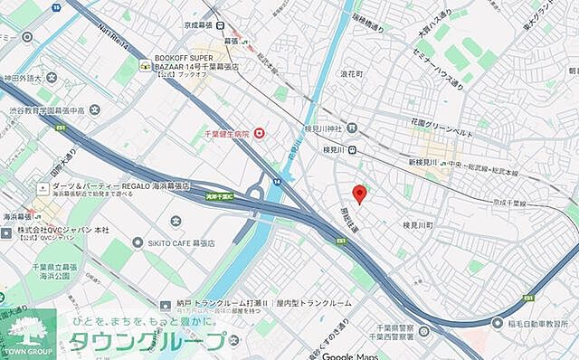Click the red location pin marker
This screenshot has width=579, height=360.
click(359, 194)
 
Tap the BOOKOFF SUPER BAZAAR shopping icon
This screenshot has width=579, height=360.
click(145, 65)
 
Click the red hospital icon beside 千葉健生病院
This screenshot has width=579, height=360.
click(261, 134)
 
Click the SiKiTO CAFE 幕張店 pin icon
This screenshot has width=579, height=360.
click(138, 242)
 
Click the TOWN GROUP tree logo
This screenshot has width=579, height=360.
click(25, 330)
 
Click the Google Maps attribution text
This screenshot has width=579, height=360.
click(350, 355)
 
